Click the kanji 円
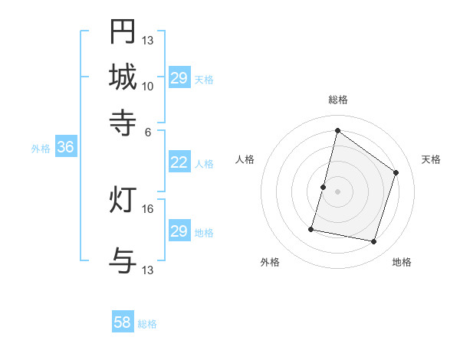[x=123, y=31]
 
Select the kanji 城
[x=123, y=77]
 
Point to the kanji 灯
[x=123, y=201]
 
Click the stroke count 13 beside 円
[x=148, y=40]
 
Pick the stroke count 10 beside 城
[x=148, y=86]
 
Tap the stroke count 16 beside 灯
[x=148, y=208]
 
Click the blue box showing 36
[x=65, y=148]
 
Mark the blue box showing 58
[x=123, y=322]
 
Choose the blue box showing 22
[x=179, y=162]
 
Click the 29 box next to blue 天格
[x=179, y=78]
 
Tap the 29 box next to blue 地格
[x=179, y=231]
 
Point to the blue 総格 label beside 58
[x=147, y=324]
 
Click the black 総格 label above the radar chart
[x=337, y=100]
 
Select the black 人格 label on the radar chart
[x=245, y=159]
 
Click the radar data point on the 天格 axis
[x=396, y=172]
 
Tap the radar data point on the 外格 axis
[x=312, y=228]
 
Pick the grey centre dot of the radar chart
[x=338, y=191]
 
